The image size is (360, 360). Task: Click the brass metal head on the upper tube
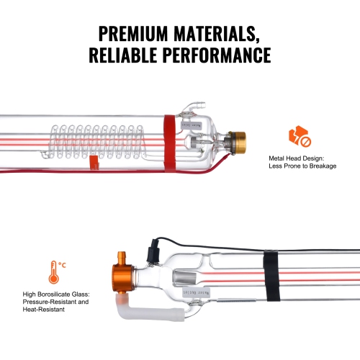(x=234, y=140)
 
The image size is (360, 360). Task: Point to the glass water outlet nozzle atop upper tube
(x=189, y=109)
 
